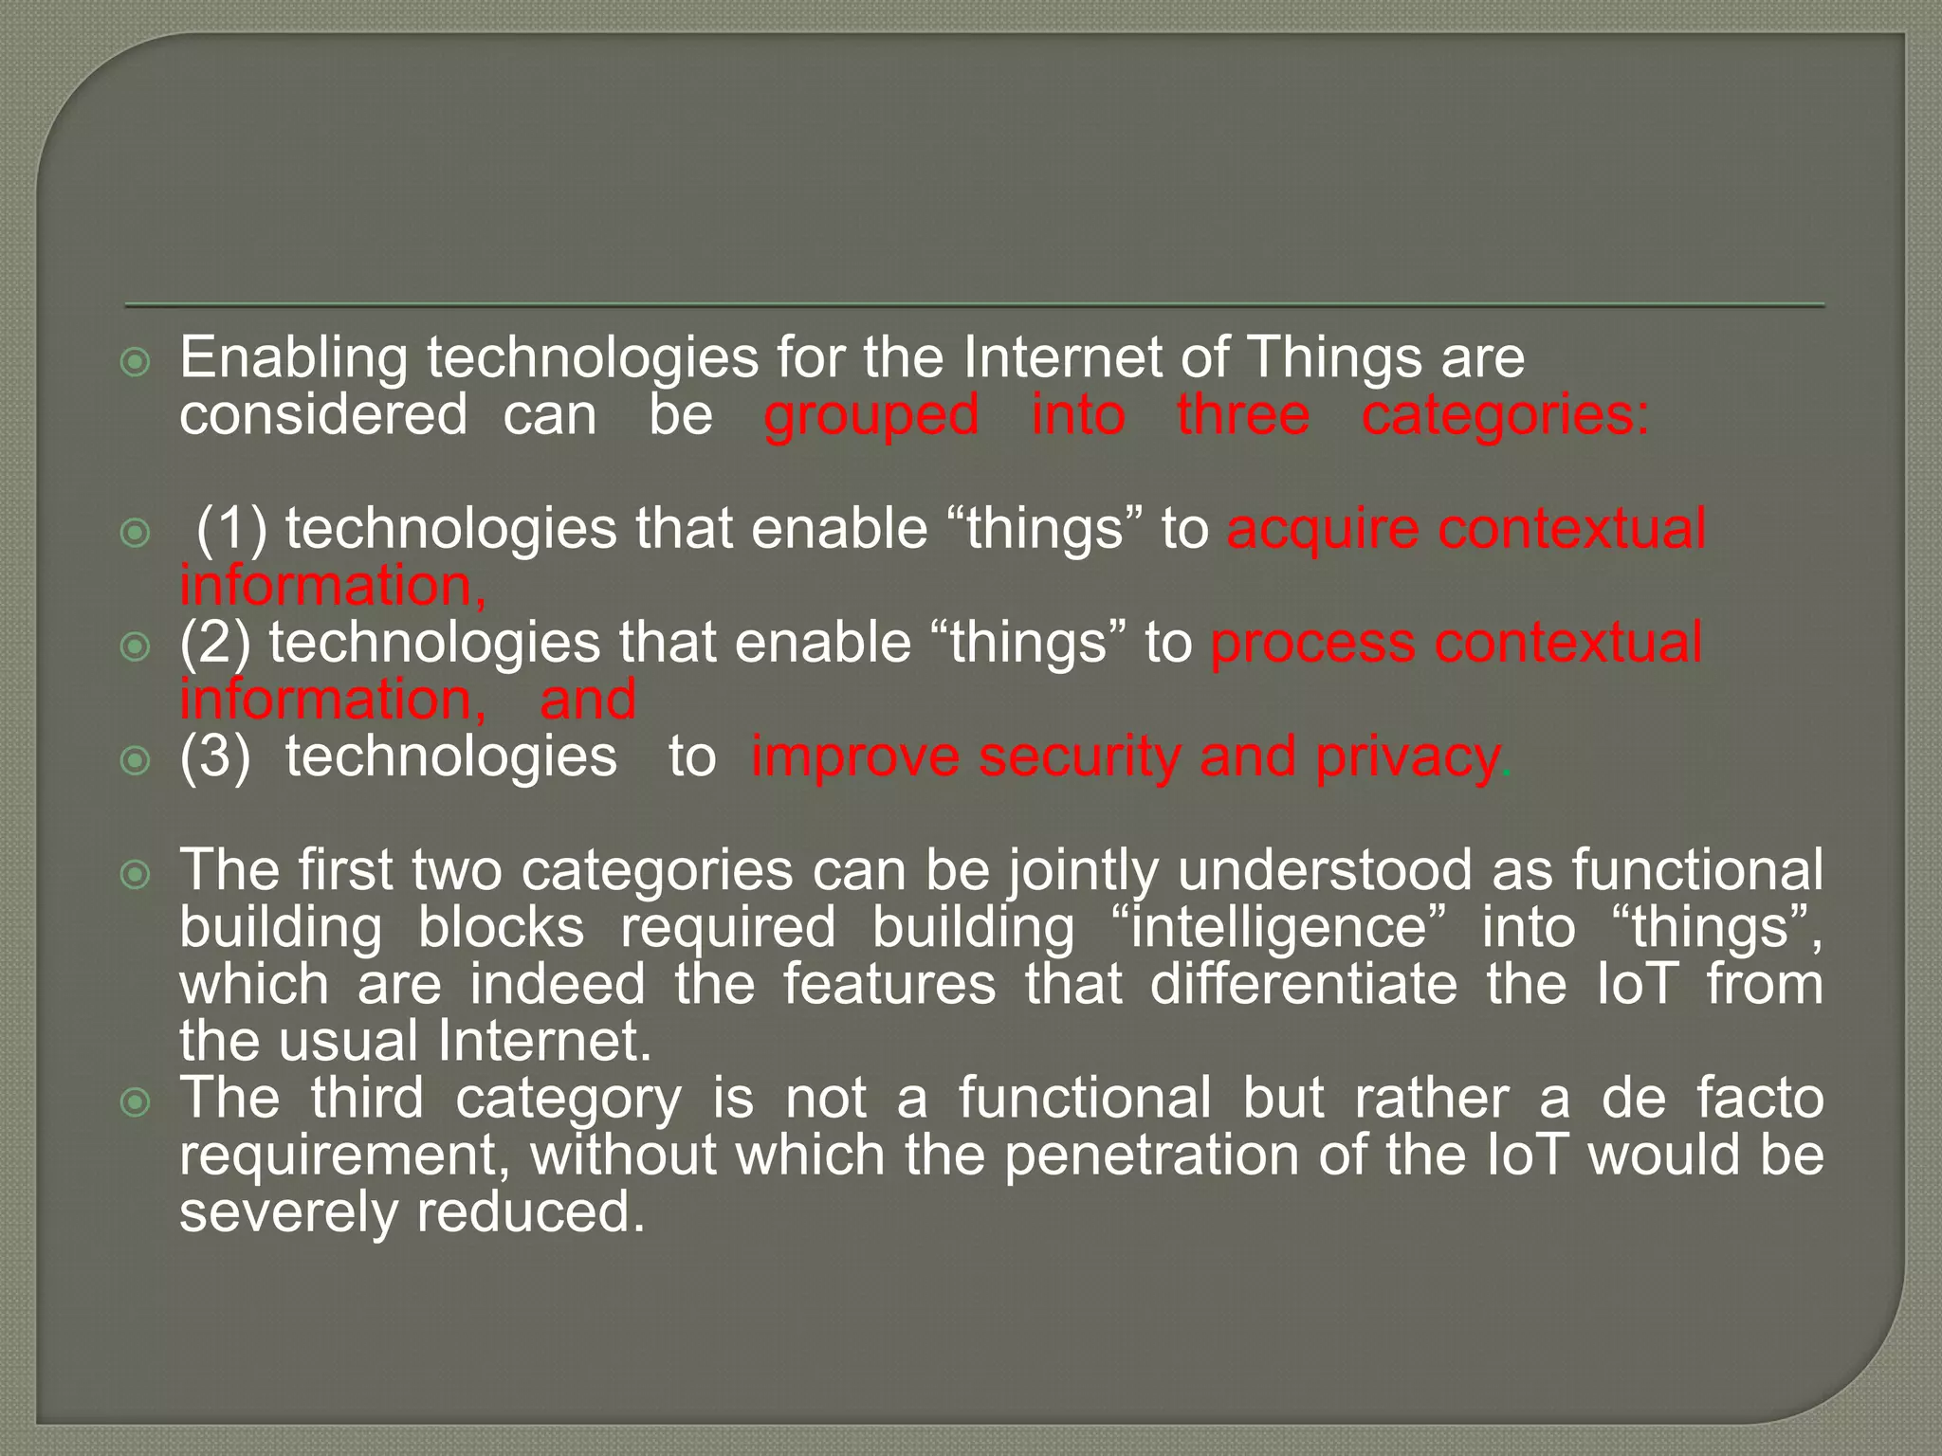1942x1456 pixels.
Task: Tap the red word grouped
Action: [x=871, y=416]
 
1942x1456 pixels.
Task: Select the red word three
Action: [x=1243, y=416]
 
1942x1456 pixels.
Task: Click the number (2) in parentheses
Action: [x=215, y=643]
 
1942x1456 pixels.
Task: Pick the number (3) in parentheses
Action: [x=215, y=756]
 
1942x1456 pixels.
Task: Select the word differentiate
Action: [x=1304, y=984]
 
